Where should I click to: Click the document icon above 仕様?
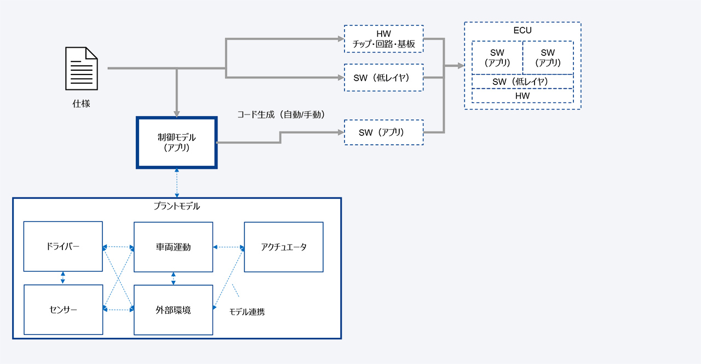point(82,69)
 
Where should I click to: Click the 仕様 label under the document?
point(81,103)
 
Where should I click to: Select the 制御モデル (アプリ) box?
point(176,143)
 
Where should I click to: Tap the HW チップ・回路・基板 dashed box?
point(383,39)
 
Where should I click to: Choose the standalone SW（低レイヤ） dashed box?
point(383,78)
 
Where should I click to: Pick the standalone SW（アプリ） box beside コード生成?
point(383,132)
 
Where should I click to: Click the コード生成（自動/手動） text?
point(281,115)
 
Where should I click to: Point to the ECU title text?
point(522,31)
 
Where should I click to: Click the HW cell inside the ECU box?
point(522,96)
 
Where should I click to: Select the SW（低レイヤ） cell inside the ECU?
point(522,82)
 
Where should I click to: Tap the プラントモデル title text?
point(176,207)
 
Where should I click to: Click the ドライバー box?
point(63,247)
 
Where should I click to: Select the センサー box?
point(63,310)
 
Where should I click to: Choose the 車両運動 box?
point(173,247)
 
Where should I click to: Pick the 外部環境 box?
point(173,310)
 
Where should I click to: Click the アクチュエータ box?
point(284,247)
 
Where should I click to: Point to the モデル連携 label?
point(247,312)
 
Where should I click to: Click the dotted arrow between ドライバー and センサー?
point(63,278)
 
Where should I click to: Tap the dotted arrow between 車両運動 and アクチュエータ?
point(228,247)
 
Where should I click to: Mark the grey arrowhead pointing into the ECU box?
point(461,66)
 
